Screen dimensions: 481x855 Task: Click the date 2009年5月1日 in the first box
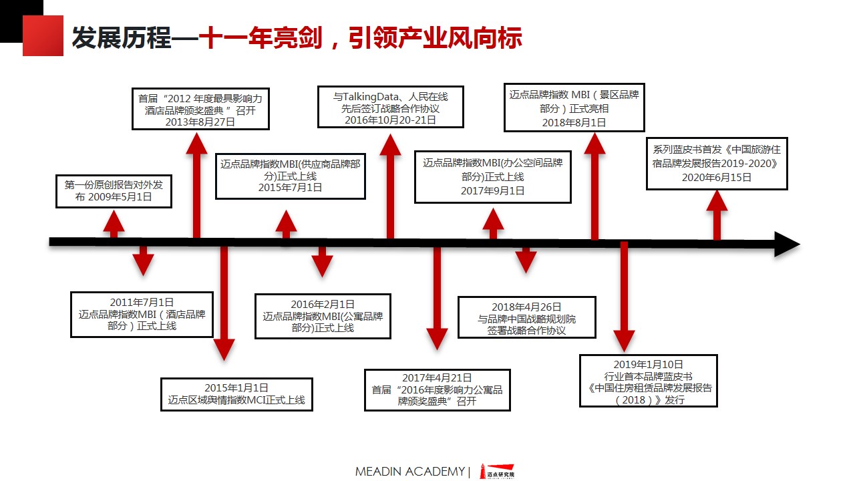coord(120,198)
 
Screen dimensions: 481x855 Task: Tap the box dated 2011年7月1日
coord(142,314)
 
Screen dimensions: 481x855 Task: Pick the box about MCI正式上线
coord(236,394)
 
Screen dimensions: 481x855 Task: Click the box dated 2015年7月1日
coord(291,176)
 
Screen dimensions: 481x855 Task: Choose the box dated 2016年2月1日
coord(323,316)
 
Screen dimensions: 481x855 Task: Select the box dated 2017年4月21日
coord(437,389)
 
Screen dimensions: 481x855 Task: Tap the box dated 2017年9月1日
coord(492,177)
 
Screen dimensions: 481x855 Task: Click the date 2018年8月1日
coord(574,122)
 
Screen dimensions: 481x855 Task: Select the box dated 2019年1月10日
coord(648,381)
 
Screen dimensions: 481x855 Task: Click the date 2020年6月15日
coord(716,178)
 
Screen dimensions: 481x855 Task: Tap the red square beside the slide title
coord(43,36)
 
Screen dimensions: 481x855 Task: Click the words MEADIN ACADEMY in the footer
coord(409,472)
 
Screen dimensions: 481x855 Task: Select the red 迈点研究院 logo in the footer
coord(500,472)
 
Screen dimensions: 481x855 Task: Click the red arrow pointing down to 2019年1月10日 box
coord(624,297)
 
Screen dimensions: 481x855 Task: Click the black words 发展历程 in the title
coord(121,39)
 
